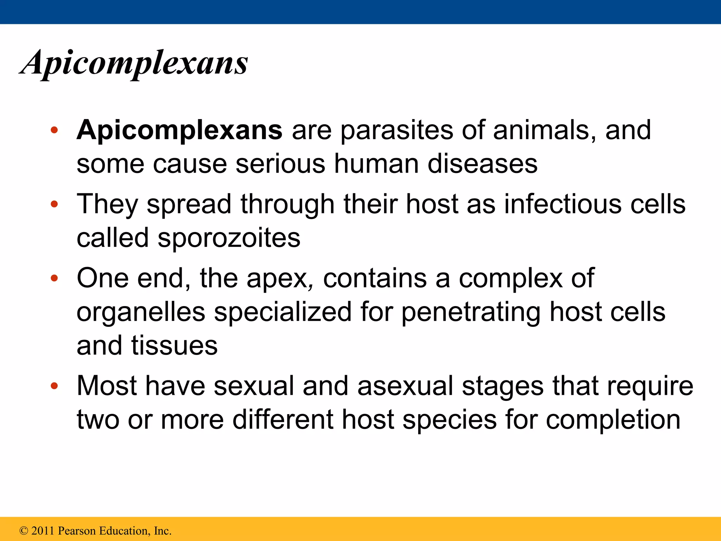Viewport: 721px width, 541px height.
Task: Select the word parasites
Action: pyautogui.click(x=397, y=130)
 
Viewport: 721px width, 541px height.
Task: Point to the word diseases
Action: pyautogui.click(x=482, y=164)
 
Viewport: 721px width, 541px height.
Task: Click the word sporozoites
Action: pyautogui.click(x=229, y=238)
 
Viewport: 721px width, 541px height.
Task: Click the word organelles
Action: pyautogui.click(x=141, y=312)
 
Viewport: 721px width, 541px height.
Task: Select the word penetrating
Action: pyautogui.click(x=471, y=312)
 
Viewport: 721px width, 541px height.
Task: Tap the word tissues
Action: pyautogui.click(x=174, y=346)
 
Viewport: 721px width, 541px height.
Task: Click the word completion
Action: pyautogui.click(x=613, y=419)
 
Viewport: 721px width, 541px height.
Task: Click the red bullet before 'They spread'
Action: pyautogui.click(x=54, y=204)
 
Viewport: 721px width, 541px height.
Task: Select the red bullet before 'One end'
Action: pyautogui.click(x=54, y=279)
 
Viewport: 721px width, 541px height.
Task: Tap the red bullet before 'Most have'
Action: pyautogui.click(x=54, y=386)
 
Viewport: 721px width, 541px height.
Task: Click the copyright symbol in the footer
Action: pyautogui.click(x=24, y=531)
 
